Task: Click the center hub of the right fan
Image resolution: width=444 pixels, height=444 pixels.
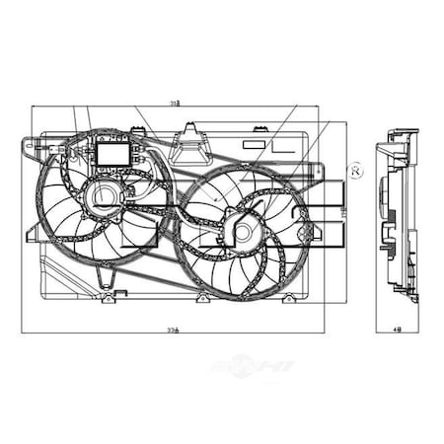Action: click(242, 234)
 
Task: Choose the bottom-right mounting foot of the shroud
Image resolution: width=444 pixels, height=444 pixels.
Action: click(290, 298)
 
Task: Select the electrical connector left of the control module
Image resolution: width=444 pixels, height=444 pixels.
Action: click(68, 151)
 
